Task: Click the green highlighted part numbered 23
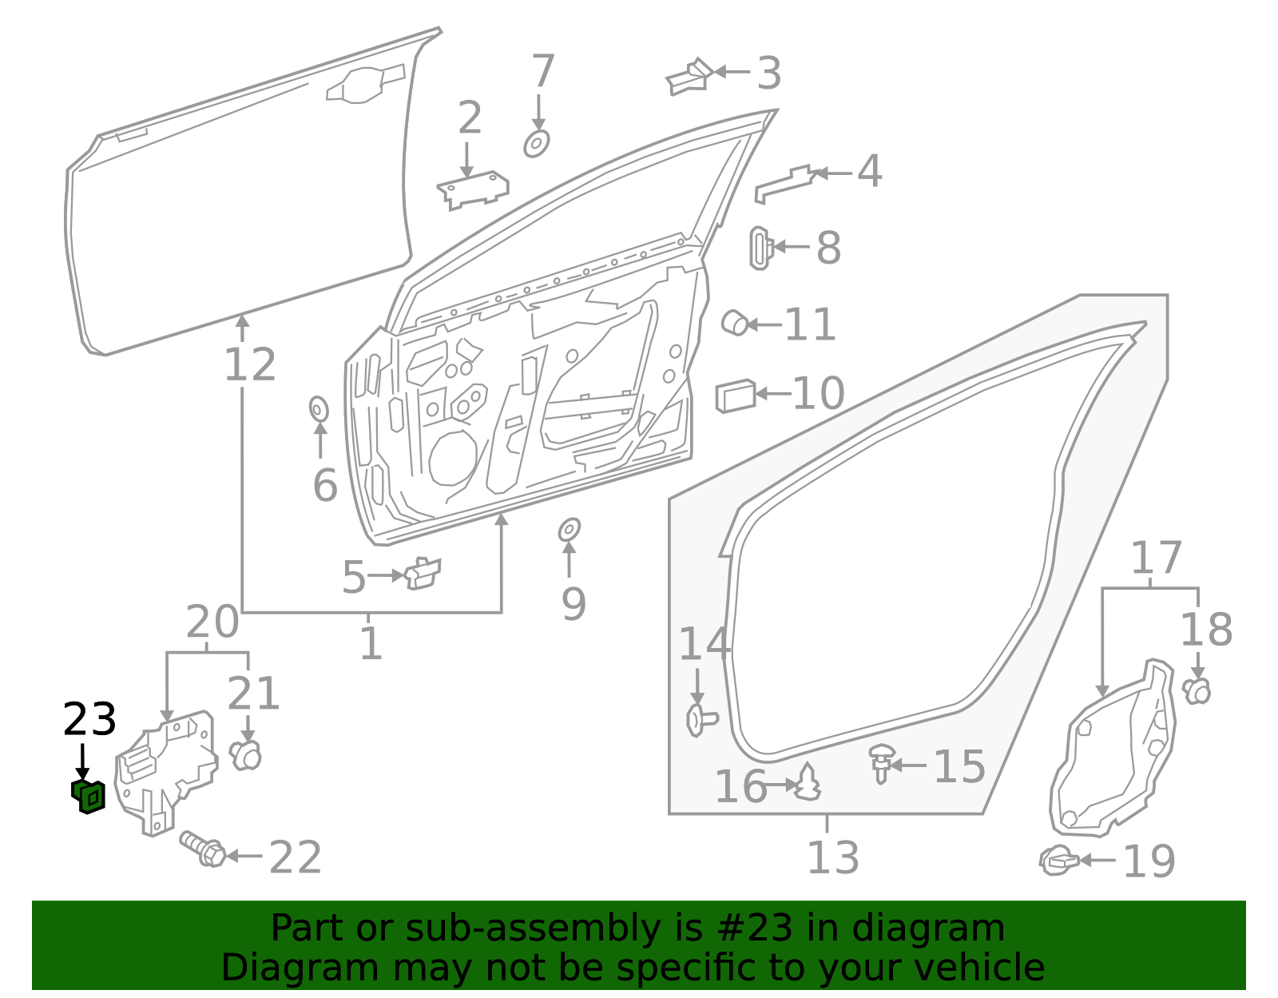89,797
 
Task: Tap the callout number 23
89,720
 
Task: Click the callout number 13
832,857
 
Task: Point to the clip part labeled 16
808,783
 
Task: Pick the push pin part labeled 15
881,761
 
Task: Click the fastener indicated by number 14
700,720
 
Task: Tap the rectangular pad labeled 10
735,396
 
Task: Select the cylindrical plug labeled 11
734,323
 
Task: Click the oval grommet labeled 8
760,248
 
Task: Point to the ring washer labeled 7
537,145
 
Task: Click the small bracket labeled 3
689,77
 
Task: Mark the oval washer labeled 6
319,409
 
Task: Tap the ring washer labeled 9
569,530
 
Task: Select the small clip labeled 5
423,573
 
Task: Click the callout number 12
250,365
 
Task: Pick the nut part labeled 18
1197,690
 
